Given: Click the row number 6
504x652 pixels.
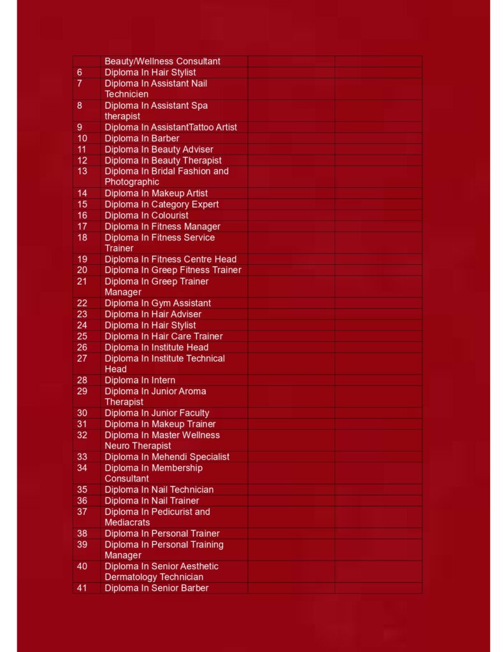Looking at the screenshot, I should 80,73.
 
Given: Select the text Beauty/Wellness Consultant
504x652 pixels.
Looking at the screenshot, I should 162,61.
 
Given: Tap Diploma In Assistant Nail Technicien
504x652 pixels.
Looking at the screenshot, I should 155,89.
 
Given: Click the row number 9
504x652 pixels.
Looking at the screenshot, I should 80,127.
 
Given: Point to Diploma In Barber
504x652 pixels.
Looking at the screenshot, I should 142,138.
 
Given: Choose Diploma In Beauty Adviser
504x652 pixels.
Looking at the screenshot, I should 159,150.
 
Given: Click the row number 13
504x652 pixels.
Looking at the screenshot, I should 82,171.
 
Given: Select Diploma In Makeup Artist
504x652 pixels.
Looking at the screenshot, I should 156,193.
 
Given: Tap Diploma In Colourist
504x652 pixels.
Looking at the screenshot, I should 147,215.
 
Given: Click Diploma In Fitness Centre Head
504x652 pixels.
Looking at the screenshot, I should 170,259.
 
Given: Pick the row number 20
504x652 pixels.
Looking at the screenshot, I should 82,270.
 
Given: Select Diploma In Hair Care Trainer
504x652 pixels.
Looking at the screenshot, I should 164,336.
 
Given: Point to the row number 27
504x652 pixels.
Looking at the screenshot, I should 82,358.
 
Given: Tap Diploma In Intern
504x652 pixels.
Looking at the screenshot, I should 140,380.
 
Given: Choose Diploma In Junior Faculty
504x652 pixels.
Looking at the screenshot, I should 157,413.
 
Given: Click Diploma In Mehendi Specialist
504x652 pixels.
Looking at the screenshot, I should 167,457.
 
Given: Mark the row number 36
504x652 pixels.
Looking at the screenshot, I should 82,500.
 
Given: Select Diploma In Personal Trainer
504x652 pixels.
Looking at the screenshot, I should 162,534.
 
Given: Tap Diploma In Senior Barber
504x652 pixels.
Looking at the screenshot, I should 156,588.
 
